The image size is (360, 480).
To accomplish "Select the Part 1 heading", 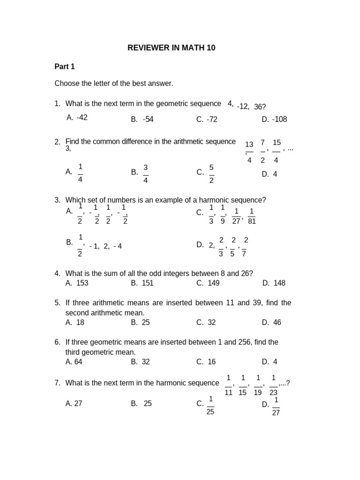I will pyautogui.click(x=65, y=67).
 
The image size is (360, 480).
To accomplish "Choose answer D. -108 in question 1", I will pyautogui.click(x=274, y=119).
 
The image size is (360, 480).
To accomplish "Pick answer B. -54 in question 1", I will pyautogui.click(x=142, y=119).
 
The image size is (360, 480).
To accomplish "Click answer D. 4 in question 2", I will pyautogui.click(x=270, y=174).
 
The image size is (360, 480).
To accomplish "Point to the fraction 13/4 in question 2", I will pyautogui.click(x=249, y=151).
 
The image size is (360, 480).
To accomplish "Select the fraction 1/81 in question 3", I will pyautogui.click(x=251, y=216).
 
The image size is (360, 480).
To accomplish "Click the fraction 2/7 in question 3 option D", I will pyautogui.click(x=244, y=247).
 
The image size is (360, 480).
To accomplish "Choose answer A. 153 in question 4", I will pyautogui.click(x=77, y=283).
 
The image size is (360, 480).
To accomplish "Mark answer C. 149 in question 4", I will pyautogui.click(x=208, y=283).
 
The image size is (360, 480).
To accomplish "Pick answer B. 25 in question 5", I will pyautogui.click(x=142, y=322).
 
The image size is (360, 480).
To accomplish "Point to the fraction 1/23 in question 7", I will pyautogui.click(x=274, y=385).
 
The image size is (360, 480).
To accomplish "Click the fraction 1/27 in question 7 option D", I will pyautogui.click(x=276, y=406).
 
